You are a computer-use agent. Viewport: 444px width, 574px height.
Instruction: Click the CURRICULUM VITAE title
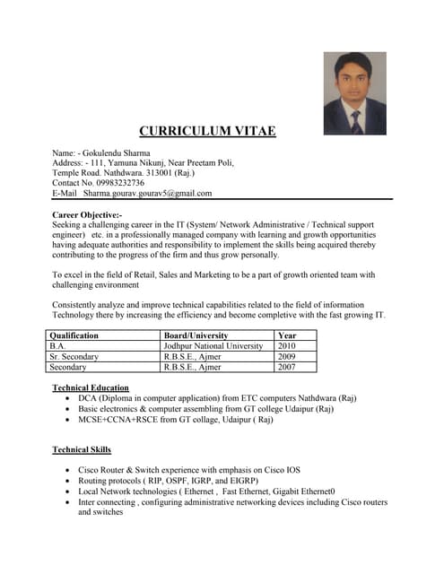(x=207, y=132)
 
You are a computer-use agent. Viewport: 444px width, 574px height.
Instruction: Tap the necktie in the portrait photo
(x=356, y=121)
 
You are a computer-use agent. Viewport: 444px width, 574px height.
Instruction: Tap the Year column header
(x=288, y=335)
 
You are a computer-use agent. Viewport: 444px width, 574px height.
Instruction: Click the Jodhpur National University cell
(x=213, y=345)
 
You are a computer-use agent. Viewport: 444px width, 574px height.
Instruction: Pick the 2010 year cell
(x=287, y=345)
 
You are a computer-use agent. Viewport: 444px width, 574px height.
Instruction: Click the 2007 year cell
(x=287, y=367)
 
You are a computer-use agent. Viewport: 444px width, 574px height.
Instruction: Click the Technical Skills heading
(x=83, y=449)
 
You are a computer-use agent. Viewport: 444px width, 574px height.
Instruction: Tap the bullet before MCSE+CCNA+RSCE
(x=69, y=420)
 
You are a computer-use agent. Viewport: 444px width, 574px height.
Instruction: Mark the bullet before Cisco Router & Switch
(x=69, y=470)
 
